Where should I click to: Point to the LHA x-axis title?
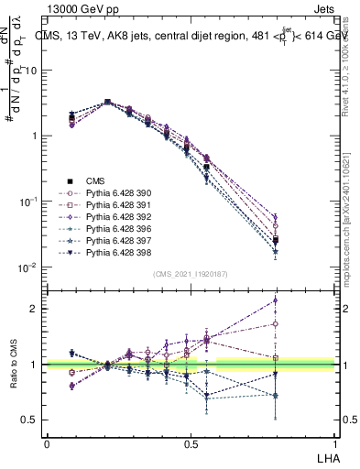pyautogui.click(x=325, y=456)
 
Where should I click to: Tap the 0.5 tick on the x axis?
pyautogui.click(x=191, y=442)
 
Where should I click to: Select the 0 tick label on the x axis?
pyautogui.click(x=47, y=442)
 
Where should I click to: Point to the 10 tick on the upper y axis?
pyautogui.click(x=31, y=71)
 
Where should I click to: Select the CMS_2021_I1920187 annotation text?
pyautogui.click(x=190, y=274)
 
